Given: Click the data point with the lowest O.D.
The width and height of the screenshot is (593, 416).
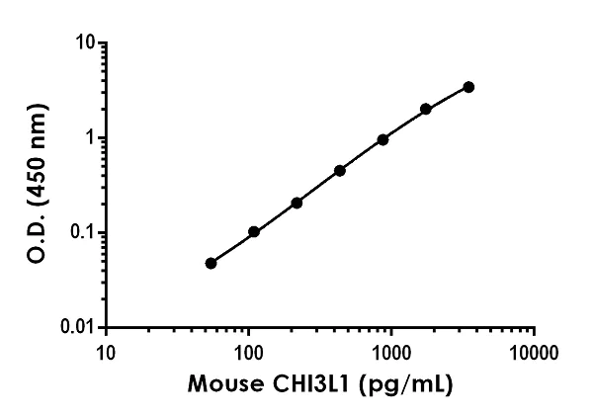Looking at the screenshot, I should pyautogui.click(x=211, y=263).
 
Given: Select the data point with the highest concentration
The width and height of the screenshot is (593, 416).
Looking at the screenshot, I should pyautogui.click(x=468, y=87).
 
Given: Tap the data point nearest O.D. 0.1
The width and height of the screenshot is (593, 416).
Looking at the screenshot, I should pyautogui.click(x=254, y=231).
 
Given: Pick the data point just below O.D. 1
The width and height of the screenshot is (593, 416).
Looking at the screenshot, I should pyautogui.click(x=382, y=139).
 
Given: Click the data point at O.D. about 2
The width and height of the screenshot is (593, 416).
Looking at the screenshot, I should pyautogui.click(x=426, y=109).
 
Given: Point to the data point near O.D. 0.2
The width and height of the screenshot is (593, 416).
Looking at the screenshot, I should pyautogui.click(x=296, y=203).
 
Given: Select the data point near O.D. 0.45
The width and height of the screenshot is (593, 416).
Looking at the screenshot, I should pyautogui.click(x=340, y=170).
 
